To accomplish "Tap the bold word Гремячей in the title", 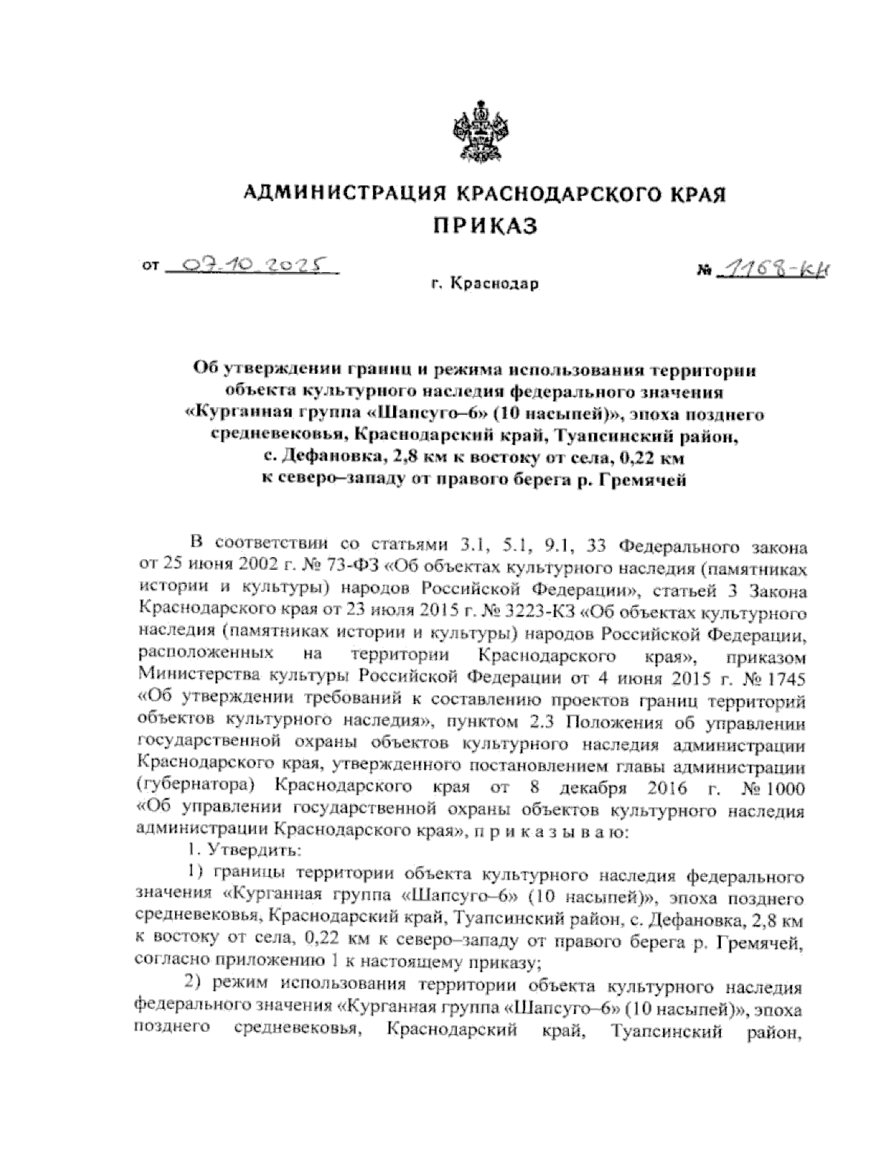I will point(645,478).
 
